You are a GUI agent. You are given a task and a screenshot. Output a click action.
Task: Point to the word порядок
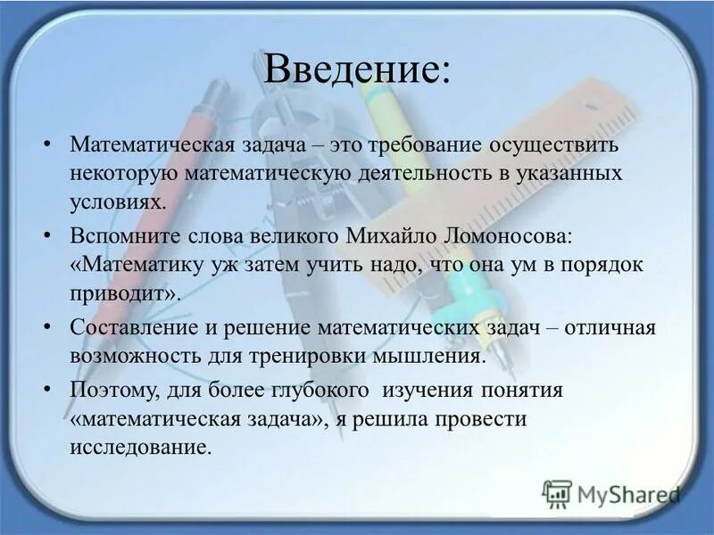tap(603, 265)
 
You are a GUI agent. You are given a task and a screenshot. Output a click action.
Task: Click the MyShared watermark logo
tap(610, 493)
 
